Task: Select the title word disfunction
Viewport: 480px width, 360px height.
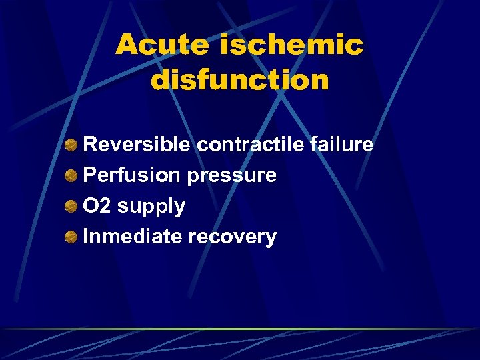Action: pos(240,80)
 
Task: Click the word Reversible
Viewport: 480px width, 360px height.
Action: pos(137,145)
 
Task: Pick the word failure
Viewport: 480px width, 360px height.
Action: pos(349,145)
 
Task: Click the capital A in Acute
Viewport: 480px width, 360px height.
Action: pos(127,45)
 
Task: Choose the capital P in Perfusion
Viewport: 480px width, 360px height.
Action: pos(89,176)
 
